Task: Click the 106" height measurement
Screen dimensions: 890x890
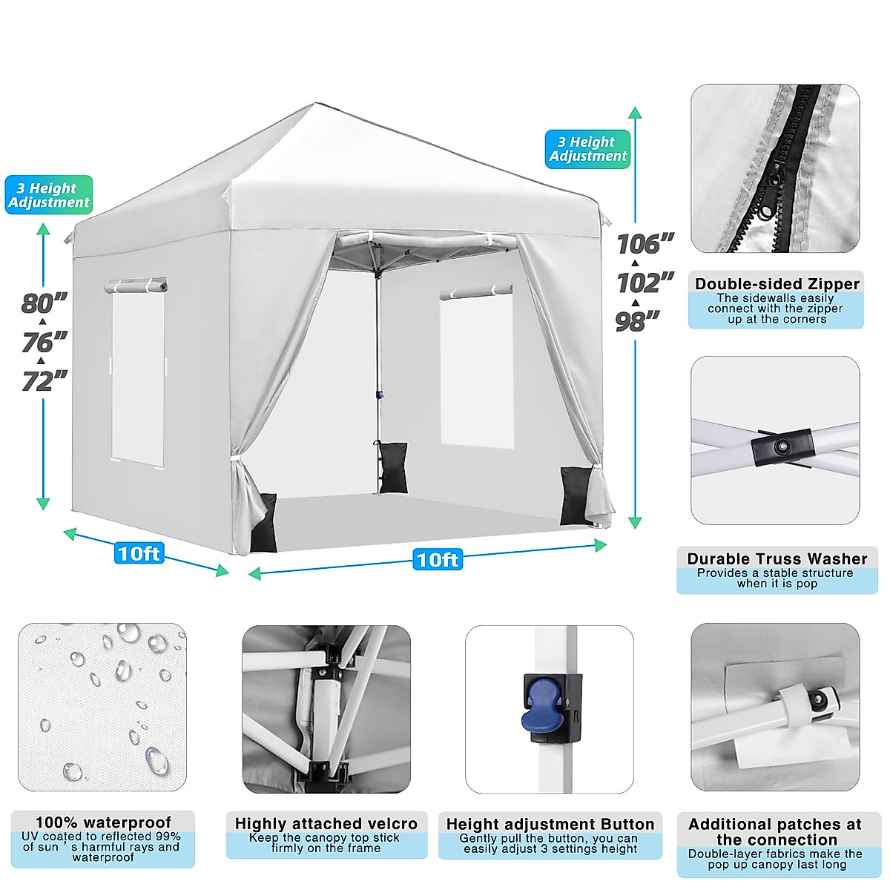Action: tap(645, 243)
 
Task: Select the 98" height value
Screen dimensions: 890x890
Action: tap(638, 321)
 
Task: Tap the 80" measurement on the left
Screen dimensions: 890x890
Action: tap(44, 303)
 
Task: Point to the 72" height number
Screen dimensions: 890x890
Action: tap(44, 381)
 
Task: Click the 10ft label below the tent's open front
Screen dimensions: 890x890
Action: tap(438, 559)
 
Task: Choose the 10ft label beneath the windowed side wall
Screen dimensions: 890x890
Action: tap(139, 553)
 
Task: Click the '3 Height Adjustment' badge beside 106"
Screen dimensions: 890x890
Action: tap(587, 149)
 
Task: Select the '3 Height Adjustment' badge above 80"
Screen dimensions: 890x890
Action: tap(49, 195)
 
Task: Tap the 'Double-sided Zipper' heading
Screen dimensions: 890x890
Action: tap(777, 284)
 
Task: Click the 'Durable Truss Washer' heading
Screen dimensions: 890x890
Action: tap(777, 558)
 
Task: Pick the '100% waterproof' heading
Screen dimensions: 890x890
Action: tap(103, 822)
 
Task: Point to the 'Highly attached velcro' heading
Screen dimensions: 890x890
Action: tap(326, 823)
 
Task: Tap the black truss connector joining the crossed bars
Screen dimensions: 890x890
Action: tap(782, 447)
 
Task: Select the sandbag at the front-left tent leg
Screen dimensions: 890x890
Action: tap(264, 523)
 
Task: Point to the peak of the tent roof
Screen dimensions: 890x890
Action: tap(317, 105)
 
